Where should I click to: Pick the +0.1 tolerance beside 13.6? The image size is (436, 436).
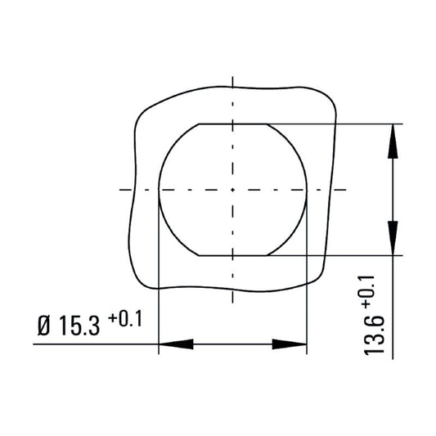tap(366, 291)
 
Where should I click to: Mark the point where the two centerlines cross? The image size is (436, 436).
tap(233, 190)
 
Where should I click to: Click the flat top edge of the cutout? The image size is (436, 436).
tap(233, 124)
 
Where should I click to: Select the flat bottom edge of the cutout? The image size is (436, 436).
tap(233, 255)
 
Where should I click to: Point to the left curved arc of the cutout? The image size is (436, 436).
tap(159, 190)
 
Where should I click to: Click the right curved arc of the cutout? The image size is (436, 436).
tap(307, 190)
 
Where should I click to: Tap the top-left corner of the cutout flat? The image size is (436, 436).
tap(198, 124)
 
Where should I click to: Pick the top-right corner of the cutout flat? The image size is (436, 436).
tap(267, 124)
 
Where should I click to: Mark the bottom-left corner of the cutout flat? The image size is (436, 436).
tap(198, 255)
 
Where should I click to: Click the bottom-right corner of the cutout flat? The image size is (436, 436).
tap(267, 255)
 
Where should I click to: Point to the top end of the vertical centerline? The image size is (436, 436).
tap(233, 79)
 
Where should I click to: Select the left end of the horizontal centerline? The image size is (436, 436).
tap(120, 190)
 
